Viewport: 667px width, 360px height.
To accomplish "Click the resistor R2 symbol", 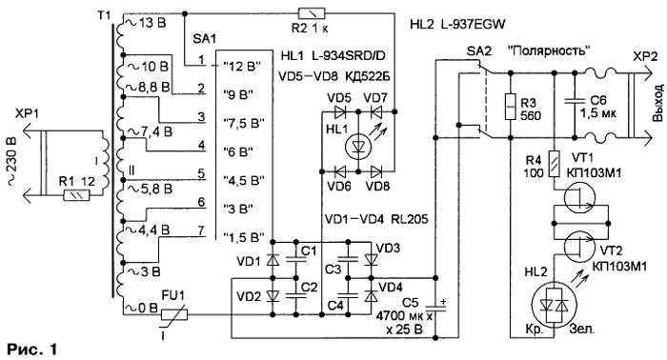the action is (312, 13).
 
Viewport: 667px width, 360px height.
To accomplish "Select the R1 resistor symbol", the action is (76, 195).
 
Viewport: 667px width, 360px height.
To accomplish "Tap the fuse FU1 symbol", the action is (174, 315).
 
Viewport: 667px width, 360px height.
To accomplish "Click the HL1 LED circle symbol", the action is (358, 147).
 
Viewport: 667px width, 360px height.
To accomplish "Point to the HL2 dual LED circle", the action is (554, 305).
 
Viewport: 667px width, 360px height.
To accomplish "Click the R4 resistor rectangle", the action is (554, 164).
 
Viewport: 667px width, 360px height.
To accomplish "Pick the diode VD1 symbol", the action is (273, 260).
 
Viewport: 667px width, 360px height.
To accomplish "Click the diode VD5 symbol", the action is (340, 111).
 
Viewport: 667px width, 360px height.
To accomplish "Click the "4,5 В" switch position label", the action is (244, 180).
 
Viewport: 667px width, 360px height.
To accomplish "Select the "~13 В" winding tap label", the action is (146, 23).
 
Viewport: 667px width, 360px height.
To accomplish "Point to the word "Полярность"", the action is (549, 51).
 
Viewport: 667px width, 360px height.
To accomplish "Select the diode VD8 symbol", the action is (377, 171).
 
